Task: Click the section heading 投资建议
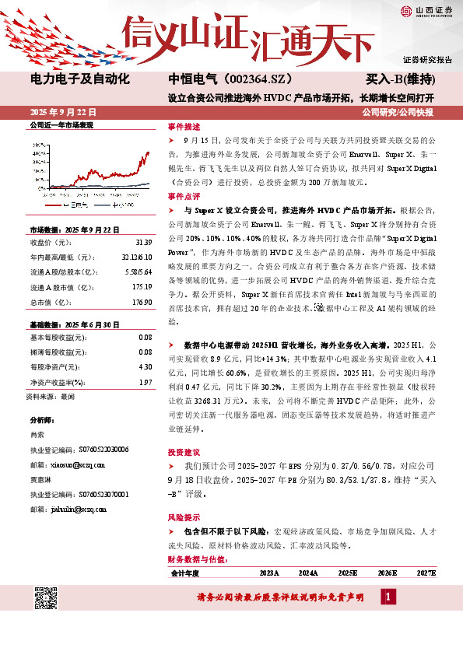pyautogui.click(x=183, y=452)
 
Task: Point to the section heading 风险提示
pyautogui.click(x=183, y=517)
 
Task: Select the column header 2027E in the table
pyautogui.click(x=426, y=573)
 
